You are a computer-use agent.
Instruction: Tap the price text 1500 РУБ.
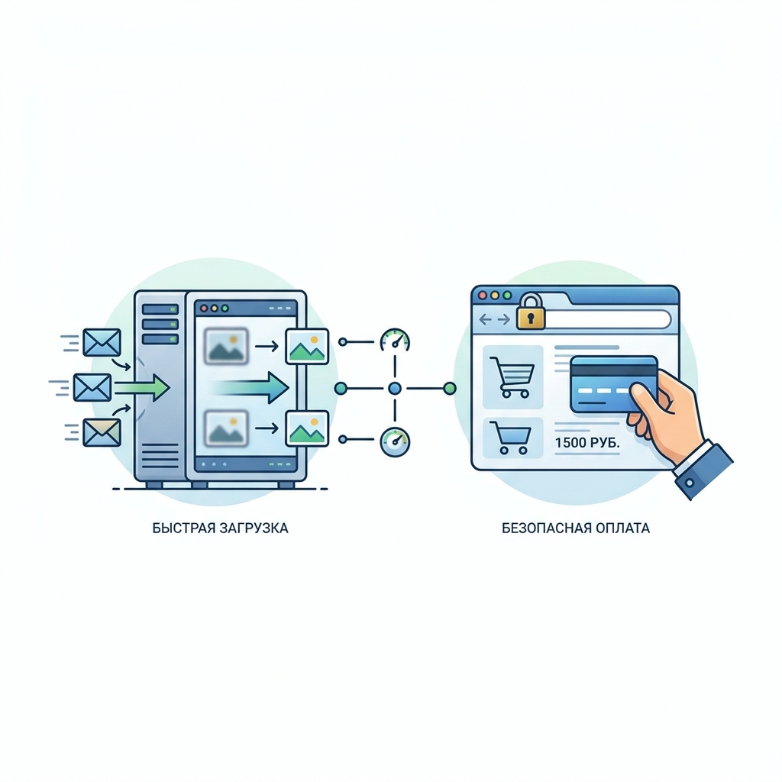[x=582, y=441]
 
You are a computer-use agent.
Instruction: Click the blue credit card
[x=611, y=384]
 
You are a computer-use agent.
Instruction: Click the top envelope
[x=102, y=342]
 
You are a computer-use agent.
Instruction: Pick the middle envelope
[x=92, y=387]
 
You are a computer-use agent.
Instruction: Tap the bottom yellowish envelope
[x=102, y=432]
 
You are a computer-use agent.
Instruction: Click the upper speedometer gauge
[x=395, y=341]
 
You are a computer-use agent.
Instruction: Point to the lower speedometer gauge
[x=395, y=441]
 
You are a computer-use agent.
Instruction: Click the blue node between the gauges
[x=395, y=389]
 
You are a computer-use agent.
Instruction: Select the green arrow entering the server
[x=145, y=387]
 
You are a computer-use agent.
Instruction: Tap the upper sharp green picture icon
[x=307, y=345]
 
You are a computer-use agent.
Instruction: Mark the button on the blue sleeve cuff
[x=690, y=483]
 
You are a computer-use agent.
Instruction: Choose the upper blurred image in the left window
[x=225, y=345]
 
